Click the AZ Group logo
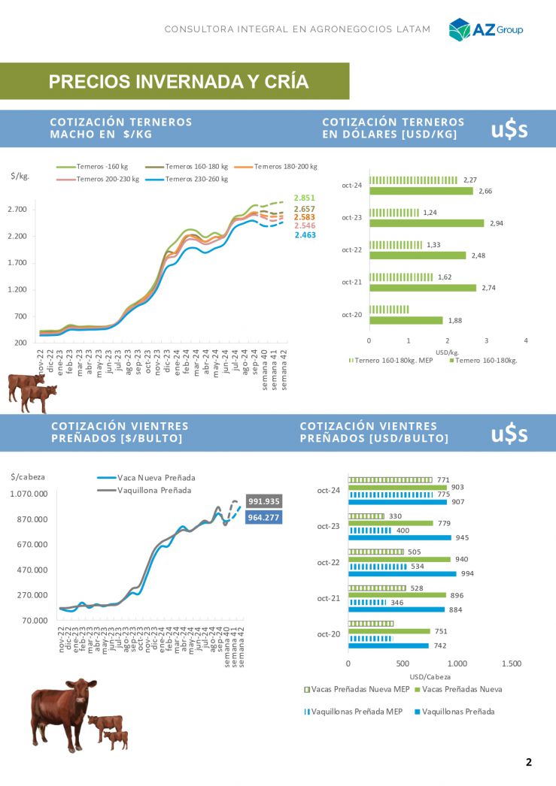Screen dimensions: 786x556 click(485, 29)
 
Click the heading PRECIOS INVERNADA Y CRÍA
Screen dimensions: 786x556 click(178, 82)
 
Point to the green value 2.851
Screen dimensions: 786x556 click(304, 198)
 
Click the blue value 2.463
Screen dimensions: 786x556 click(305, 235)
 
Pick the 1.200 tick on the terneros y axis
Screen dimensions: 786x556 click(18, 289)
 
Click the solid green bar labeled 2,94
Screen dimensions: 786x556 click(426, 223)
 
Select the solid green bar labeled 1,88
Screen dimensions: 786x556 click(406, 320)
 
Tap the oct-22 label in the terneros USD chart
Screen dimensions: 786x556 click(352, 249)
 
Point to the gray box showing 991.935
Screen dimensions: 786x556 click(263, 501)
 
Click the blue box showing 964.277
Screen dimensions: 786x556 click(263, 517)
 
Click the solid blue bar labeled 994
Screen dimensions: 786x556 click(402, 573)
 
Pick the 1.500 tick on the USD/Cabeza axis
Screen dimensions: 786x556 click(511, 664)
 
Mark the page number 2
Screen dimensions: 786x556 click(529, 762)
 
